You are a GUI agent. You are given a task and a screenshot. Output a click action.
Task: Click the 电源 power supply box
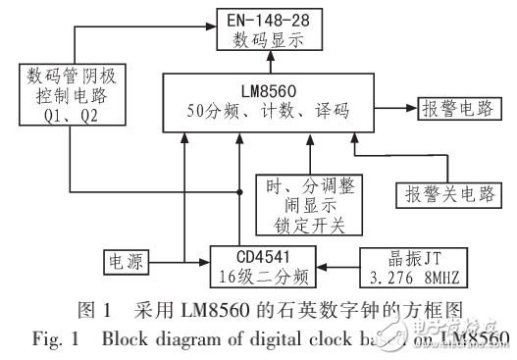[125, 263]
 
